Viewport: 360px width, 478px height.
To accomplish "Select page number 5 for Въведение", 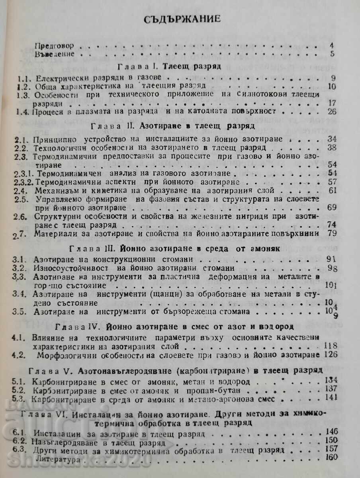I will [332, 54].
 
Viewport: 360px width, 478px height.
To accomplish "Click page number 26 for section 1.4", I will [331, 112].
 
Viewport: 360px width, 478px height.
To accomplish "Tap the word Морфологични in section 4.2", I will [70, 354].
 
